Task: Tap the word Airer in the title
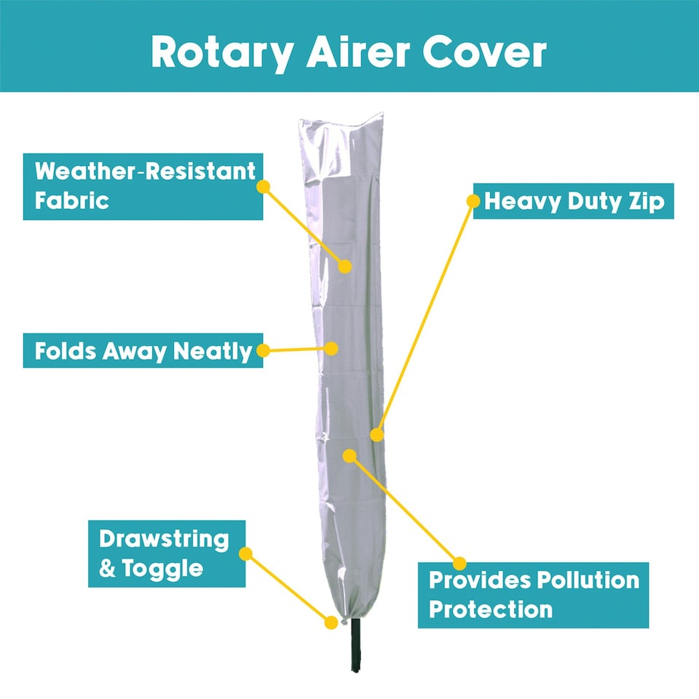click(x=358, y=52)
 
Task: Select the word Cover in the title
click(x=484, y=52)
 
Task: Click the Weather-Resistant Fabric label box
click(x=143, y=186)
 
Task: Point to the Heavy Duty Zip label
click(x=573, y=201)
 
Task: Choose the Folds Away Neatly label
click(x=143, y=350)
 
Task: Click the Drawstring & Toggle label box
click(x=167, y=553)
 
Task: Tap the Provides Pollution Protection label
click(x=533, y=595)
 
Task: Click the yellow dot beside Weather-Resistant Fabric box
click(x=263, y=186)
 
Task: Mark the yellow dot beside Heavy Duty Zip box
click(x=473, y=201)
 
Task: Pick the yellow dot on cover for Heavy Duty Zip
click(x=376, y=435)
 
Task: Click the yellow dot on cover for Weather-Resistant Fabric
click(x=344, y=266)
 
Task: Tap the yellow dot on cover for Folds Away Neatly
click(x=331, y=348)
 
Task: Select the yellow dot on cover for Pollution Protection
click(x=349, y=456)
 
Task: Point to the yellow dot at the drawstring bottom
click(x=331, y=623)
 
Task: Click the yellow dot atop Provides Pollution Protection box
click(x=459, y=563)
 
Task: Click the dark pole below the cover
click(x=355, y=645)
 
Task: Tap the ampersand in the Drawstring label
click(x=107, y=569)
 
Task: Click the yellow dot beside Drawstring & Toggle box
click(x=245, y=553)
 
